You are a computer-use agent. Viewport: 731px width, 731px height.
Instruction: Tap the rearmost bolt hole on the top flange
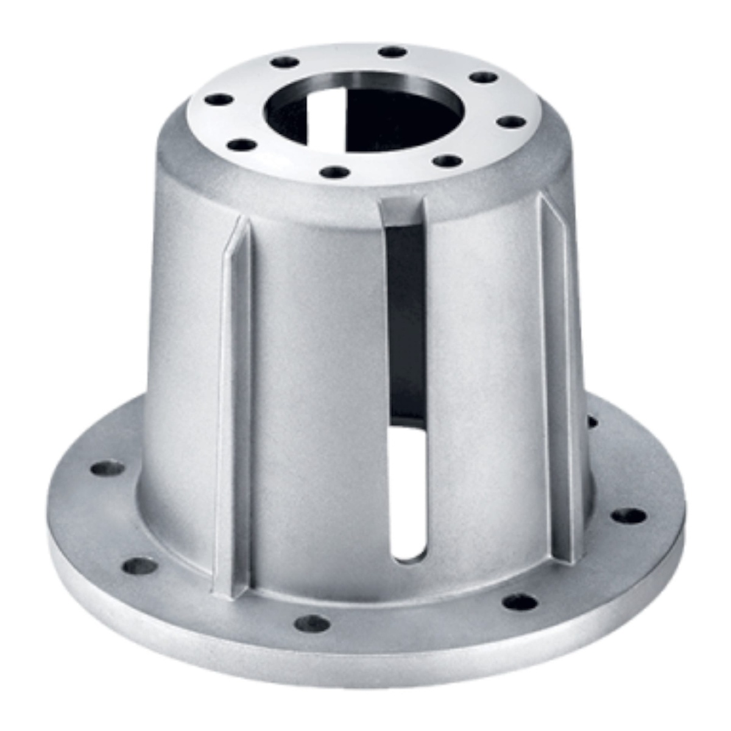coord(392,52)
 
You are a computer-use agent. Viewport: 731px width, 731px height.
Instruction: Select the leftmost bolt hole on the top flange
coord(219,99)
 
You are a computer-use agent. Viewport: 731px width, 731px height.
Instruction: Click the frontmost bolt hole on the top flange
coord(334,172)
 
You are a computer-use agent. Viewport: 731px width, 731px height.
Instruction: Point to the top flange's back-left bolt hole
coord(284,62)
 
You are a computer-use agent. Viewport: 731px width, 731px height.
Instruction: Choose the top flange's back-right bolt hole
coord(484,77)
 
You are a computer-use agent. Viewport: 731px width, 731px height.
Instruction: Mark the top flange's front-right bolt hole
coord(449,161)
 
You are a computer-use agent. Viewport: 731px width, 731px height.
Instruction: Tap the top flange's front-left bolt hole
coord(242,145)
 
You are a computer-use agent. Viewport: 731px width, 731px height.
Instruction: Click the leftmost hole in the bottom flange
coord(108,468)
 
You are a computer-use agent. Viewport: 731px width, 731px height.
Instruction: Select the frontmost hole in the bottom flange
coord(312,623)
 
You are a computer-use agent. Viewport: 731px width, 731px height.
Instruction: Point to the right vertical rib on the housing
coord(557,378)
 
